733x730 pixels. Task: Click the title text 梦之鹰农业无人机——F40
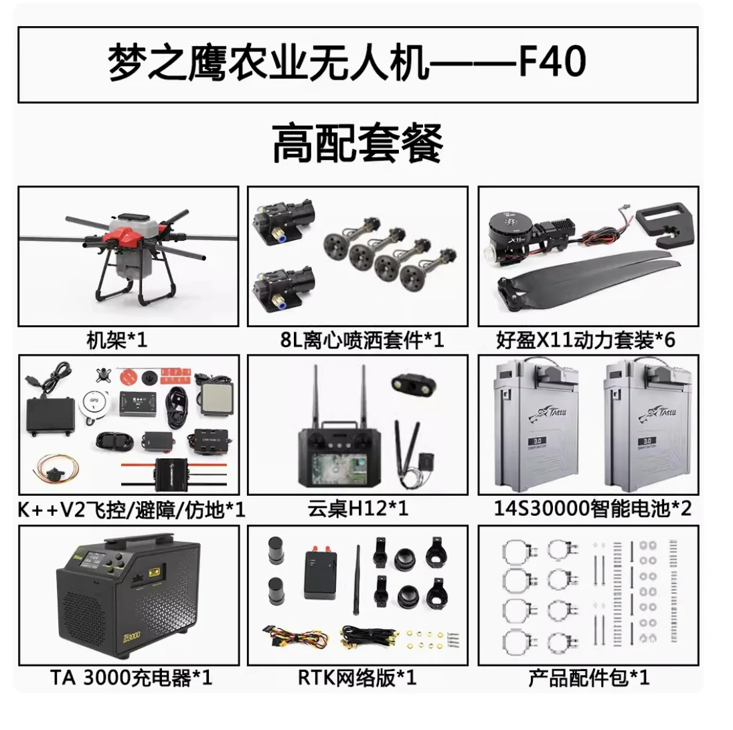click(347, 64)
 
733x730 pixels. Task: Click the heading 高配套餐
click(357, 143)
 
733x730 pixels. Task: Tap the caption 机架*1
click(116, 341)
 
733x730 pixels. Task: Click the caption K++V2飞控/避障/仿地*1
click(131, 511)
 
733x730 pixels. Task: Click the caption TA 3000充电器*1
click(131, 678)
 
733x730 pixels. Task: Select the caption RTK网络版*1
click(357, 678)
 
